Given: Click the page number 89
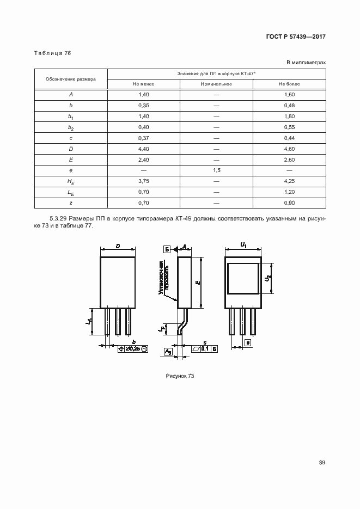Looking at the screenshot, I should [x=322, y=463].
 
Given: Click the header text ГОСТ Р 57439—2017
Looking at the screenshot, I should [x=296, y=37].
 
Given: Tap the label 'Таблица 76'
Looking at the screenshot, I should [x=52, y=53].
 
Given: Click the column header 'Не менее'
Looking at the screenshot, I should [x=144, y=84].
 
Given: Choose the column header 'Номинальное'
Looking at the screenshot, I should [x=216, y=84].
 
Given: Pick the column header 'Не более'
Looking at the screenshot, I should [x=289, y=84].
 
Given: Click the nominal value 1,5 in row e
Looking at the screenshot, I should [x=216, y=170].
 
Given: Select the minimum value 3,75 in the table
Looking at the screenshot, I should [x=144, y=181].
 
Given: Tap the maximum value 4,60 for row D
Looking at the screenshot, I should [x=289, y=149].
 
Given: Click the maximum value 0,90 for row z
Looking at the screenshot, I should [x=289, y=203].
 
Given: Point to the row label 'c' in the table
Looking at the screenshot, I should [x=71, y=138].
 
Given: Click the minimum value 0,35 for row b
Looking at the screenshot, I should [x=144, y=105].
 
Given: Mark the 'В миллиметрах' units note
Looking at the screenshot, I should [x=306, y=63].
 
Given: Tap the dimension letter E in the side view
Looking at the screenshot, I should [x=198, y=282].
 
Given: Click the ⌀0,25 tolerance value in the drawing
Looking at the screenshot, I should [x=132, y=348].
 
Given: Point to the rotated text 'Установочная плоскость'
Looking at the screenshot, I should [x=165, y=278].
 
